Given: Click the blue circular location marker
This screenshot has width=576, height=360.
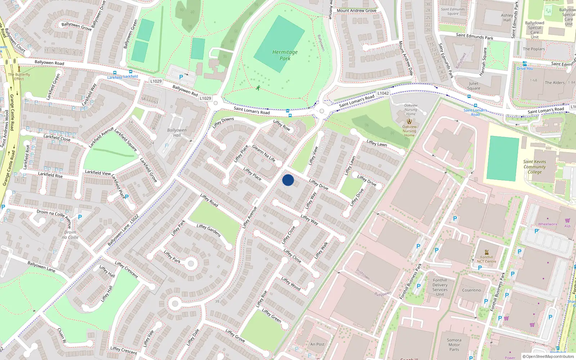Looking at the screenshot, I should coord(288,180).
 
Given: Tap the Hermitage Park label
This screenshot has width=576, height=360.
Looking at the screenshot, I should coord(285,55).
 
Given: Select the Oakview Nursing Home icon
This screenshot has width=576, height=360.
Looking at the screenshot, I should coord(409,121).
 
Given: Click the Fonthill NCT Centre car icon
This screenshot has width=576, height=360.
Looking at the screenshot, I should coord(487,252).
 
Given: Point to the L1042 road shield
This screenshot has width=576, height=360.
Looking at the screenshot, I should coord(383,93).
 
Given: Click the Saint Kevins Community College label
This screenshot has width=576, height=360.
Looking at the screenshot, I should coord(535,167).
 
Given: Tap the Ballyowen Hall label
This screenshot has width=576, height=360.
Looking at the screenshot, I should coord(177,132).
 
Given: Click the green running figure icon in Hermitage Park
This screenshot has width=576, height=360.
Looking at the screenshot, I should coord(258,87).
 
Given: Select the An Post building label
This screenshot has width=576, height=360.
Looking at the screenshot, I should coord(317,344).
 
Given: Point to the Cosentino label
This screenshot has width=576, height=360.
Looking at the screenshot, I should coord(471,290).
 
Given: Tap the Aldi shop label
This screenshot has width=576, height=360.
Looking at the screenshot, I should coord(567,226).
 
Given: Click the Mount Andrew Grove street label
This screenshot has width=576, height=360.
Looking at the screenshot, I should coord(356,10).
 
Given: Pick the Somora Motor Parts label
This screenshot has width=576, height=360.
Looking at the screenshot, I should coord(454,345).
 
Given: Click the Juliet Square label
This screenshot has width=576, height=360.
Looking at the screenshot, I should coord(474,86).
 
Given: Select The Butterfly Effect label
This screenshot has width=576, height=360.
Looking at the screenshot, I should coord(19,77).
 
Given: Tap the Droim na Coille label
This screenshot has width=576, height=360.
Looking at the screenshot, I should coord(70,235).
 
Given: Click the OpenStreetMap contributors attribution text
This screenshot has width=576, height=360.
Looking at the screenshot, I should coord(548,356).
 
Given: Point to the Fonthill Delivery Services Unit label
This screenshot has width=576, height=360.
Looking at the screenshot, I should coord(440,287).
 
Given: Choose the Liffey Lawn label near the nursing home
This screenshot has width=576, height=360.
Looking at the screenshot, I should coord(377,143).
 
